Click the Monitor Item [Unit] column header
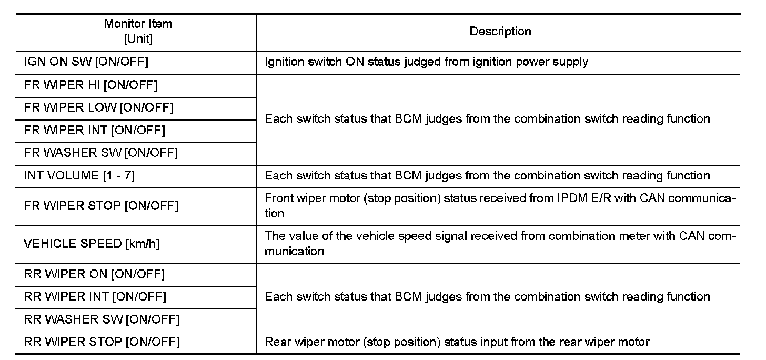138,32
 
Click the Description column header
500,32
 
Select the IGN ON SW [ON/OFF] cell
86,62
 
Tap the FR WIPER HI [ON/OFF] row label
90,85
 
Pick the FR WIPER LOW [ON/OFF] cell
98,107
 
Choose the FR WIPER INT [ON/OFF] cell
95,130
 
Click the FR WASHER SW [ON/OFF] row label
101,153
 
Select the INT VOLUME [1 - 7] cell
79,176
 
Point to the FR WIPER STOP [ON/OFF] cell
101,206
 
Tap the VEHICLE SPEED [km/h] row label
92,244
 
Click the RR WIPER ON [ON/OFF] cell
94,274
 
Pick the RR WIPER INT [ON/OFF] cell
95,297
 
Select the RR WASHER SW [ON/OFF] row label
102,319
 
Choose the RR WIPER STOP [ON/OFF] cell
102,342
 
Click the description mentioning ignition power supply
426,62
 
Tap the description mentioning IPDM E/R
500,206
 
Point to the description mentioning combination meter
500,244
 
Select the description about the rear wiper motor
457,342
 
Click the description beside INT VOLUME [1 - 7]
487,176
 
